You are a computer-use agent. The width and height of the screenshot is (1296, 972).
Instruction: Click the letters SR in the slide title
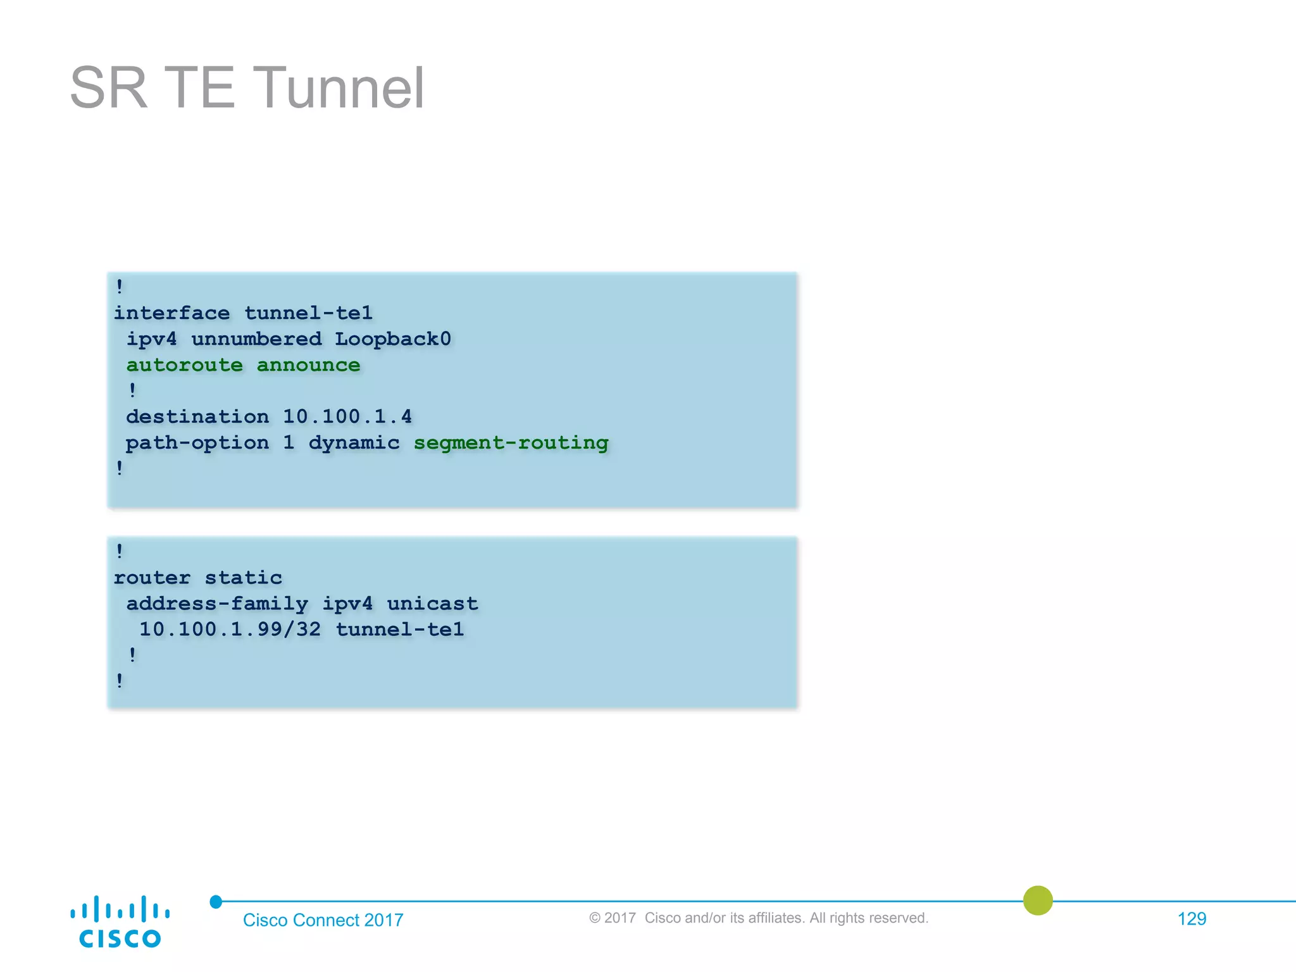(x=108, y=88)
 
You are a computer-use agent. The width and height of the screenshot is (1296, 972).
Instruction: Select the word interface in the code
(x=171, y=313)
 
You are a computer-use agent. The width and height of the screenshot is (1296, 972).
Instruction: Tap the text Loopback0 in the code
(x=392, y=339)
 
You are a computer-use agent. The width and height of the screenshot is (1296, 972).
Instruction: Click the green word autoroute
(x=184, y=365)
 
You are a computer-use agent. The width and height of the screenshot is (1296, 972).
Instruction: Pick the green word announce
(x=308, y=365)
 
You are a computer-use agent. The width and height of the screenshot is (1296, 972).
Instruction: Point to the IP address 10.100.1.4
(x=347, y=417)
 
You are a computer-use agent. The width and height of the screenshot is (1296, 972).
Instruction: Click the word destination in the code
(x=197, y=417)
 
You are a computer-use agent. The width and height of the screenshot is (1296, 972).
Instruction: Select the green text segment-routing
(x=511, y=443)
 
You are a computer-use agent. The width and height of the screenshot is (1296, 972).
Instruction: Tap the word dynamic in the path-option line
(x=354, y=443)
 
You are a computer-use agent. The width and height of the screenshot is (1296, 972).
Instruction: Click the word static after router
(x=243, y=578)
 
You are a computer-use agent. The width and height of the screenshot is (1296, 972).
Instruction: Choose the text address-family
(x=217, y=604)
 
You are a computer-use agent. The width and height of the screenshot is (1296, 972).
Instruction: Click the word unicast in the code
(x=432, y=604)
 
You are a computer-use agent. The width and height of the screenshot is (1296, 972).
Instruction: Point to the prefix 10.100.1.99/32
(x=230, y=630)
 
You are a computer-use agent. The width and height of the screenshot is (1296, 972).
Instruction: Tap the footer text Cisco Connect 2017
(x=323, y=920)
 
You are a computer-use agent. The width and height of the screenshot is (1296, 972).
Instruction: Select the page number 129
(x=1192, y=919)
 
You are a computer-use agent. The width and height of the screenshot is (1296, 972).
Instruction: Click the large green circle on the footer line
(x=1038, y=900)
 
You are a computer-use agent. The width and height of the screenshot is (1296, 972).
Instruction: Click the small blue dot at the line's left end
(x=216, y=902)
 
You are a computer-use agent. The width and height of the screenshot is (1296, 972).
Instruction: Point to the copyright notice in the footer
(x=759, y=918)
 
